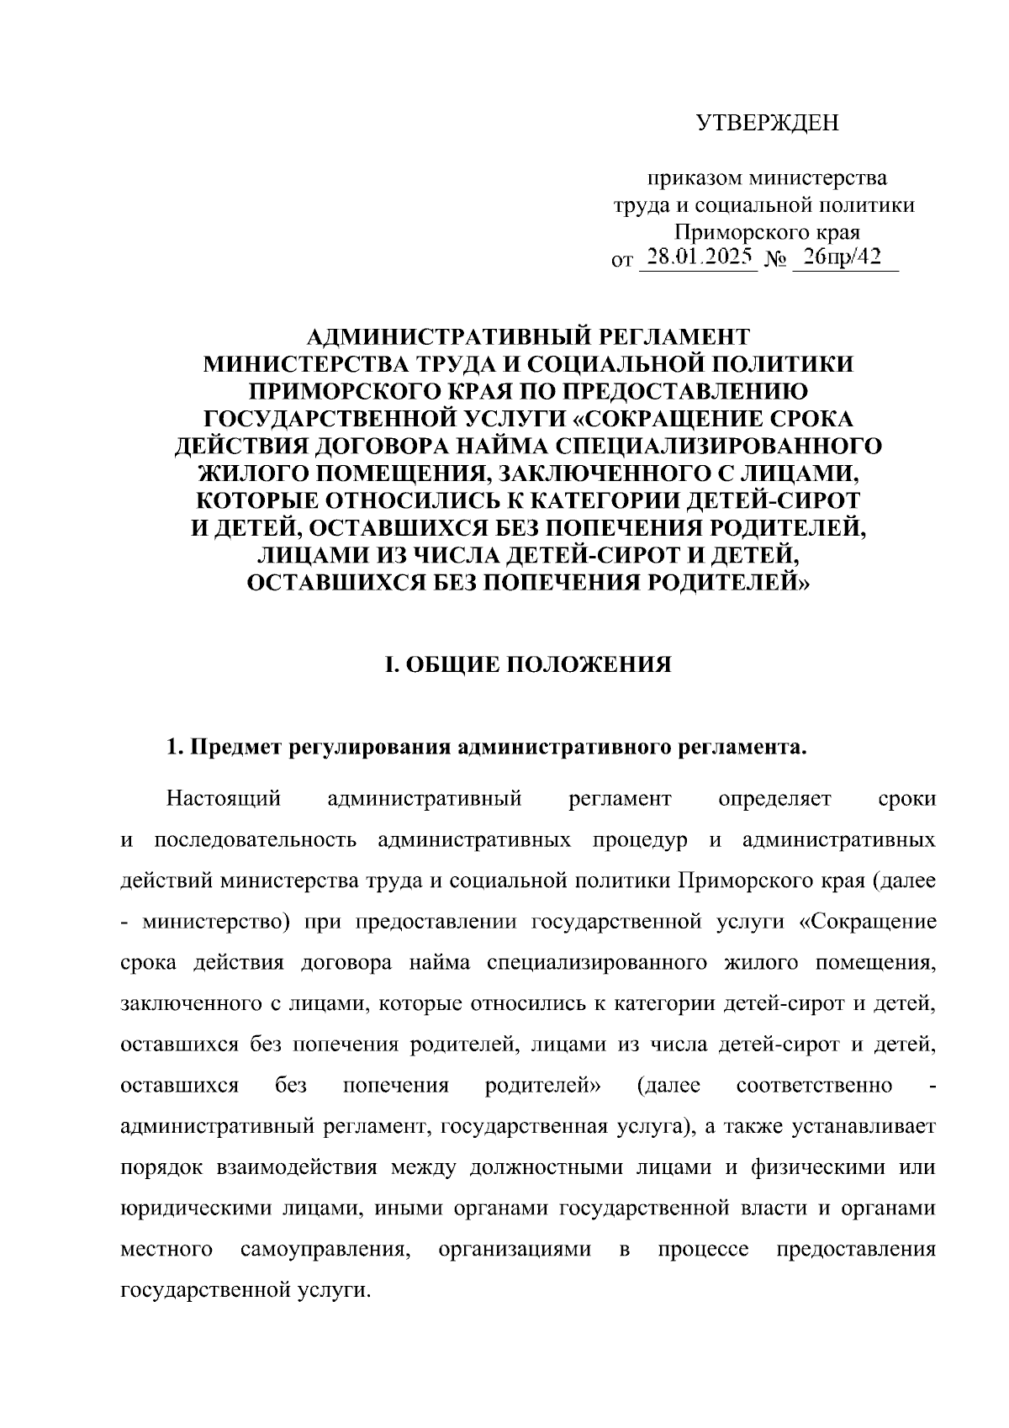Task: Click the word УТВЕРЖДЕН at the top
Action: [768, 124]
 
